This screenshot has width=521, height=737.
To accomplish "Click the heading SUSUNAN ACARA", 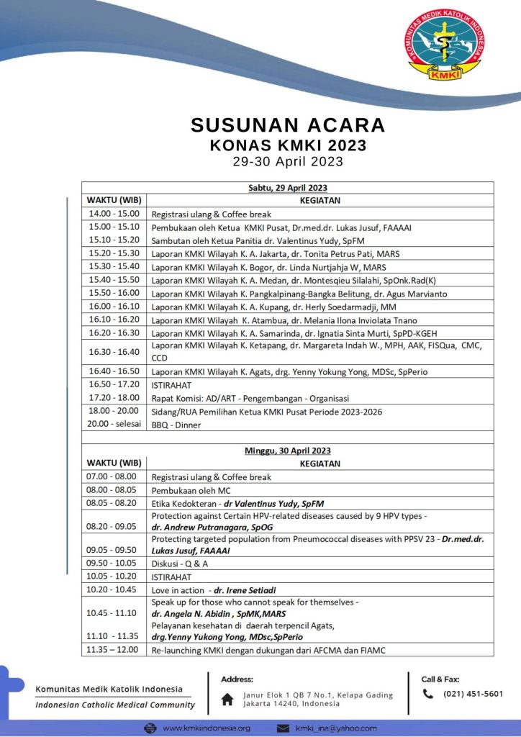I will pyautogui.click(x=288, y=125).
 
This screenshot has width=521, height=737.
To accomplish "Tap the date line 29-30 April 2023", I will pyautogui.click(x=288, y=162).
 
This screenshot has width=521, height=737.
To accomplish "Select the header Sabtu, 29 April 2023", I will pyautogui.click(x=288, y=188).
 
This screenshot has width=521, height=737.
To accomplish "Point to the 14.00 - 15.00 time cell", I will pyautogui.click(x=114, y=214).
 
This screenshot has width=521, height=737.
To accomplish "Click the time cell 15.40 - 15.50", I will pyautogui.click(x=114, y=280).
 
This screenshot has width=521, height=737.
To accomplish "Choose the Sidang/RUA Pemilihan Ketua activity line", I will pyautogui.click(x=266, y=412).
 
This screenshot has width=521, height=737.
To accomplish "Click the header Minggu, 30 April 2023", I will pyautogui.click(x=288, y=451).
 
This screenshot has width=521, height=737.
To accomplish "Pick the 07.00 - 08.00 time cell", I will pyautogui.click(x=114, y=477).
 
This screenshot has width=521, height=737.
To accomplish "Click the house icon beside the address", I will pyautogui.click(x=227, y=699).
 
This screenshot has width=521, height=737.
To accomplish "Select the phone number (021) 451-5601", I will pyautogui.click(x=473, y=694).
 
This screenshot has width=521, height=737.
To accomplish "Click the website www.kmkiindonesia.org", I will pyautogui.click(x=206, y=728).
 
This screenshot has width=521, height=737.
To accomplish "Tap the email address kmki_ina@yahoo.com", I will pyautogui.click(x=335, y=728).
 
